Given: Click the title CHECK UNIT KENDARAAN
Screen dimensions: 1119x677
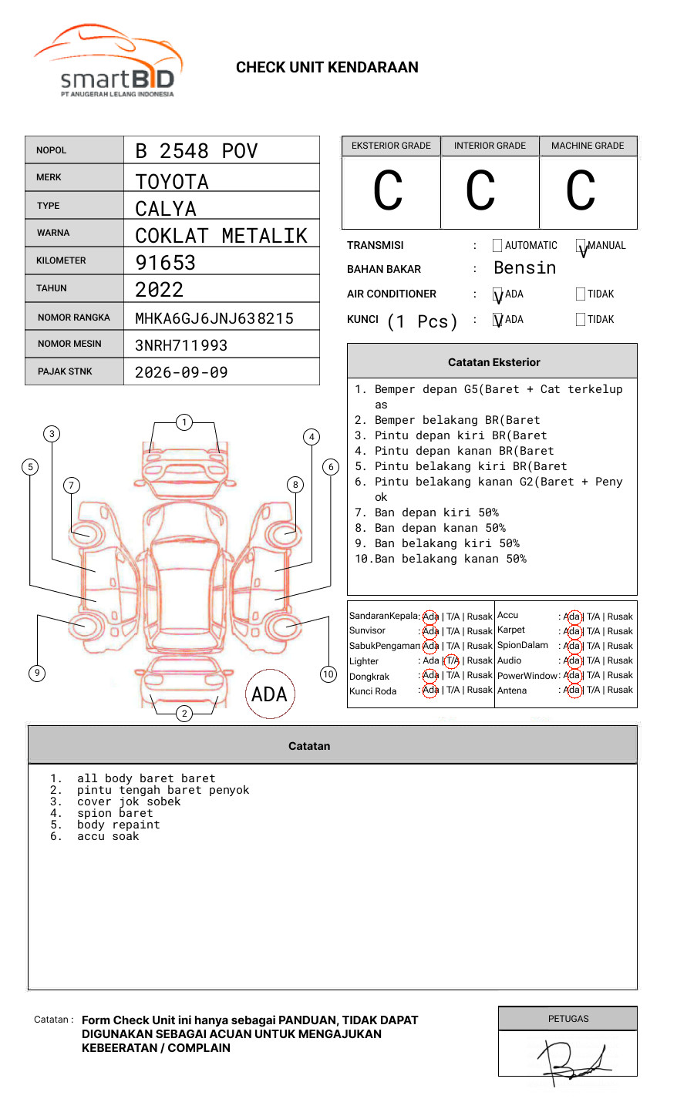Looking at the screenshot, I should [x=327, y=68].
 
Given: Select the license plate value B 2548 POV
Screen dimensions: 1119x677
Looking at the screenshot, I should [x=196, y=151].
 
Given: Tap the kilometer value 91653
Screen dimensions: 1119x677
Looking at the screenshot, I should [x=165, y=263].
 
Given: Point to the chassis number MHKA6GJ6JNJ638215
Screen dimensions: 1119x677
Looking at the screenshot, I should [x=214, y=318].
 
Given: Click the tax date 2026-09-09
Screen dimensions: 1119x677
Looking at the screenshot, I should [x=181, y=372].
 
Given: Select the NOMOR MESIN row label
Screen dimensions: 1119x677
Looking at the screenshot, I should [x=69, y=344].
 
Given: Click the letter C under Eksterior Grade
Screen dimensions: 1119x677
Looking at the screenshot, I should [x=388, y=191].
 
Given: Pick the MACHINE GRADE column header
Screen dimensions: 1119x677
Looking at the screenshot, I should [x=588, y=146].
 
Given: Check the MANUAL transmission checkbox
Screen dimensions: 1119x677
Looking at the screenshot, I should [x=581, y=246].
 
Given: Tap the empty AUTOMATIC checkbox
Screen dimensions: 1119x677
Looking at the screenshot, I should [x=497, y=246].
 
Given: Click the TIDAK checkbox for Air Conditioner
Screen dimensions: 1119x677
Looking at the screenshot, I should [x=581, y=294].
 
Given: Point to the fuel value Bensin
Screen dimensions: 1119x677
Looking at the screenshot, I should [x=524, y=268].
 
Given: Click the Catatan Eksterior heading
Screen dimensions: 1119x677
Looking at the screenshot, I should [x=493, y=362].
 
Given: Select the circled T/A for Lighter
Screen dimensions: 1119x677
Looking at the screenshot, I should [x=452, y=660].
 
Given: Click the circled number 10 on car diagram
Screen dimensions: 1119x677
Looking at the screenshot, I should [x=328, y=674].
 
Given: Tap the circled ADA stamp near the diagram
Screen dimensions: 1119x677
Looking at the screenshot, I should [x=269, y=694].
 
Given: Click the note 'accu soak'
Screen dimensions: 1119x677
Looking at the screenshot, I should [x=108, y=836].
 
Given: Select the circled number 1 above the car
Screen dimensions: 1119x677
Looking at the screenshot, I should [x=184, y=422].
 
